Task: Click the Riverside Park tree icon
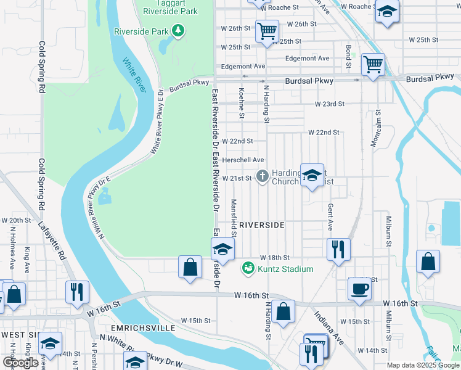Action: (x=178, y=30)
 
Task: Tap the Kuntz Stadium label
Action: (x=286, y=269)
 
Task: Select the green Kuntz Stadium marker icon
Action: (x=248, y=268)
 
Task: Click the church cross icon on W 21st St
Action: (x=262, y=177)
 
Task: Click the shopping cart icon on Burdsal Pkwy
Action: (x=373, y=64)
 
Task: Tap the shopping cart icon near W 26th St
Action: (x=267, y=30)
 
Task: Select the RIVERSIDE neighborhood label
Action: (x=262, y=225)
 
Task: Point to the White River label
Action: (x=134, y=75)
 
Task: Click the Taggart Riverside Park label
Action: (x=162, y=7)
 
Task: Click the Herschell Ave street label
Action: (x=243, y=160)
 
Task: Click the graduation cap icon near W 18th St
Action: (x=222, y=250)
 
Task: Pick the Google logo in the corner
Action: (x=20, y=363)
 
